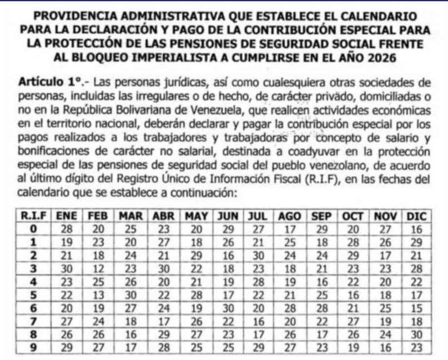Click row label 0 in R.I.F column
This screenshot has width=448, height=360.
pyautogui.click(x=33, y=228)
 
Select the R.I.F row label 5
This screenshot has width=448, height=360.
pyautogui.click(x=33, y=294)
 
